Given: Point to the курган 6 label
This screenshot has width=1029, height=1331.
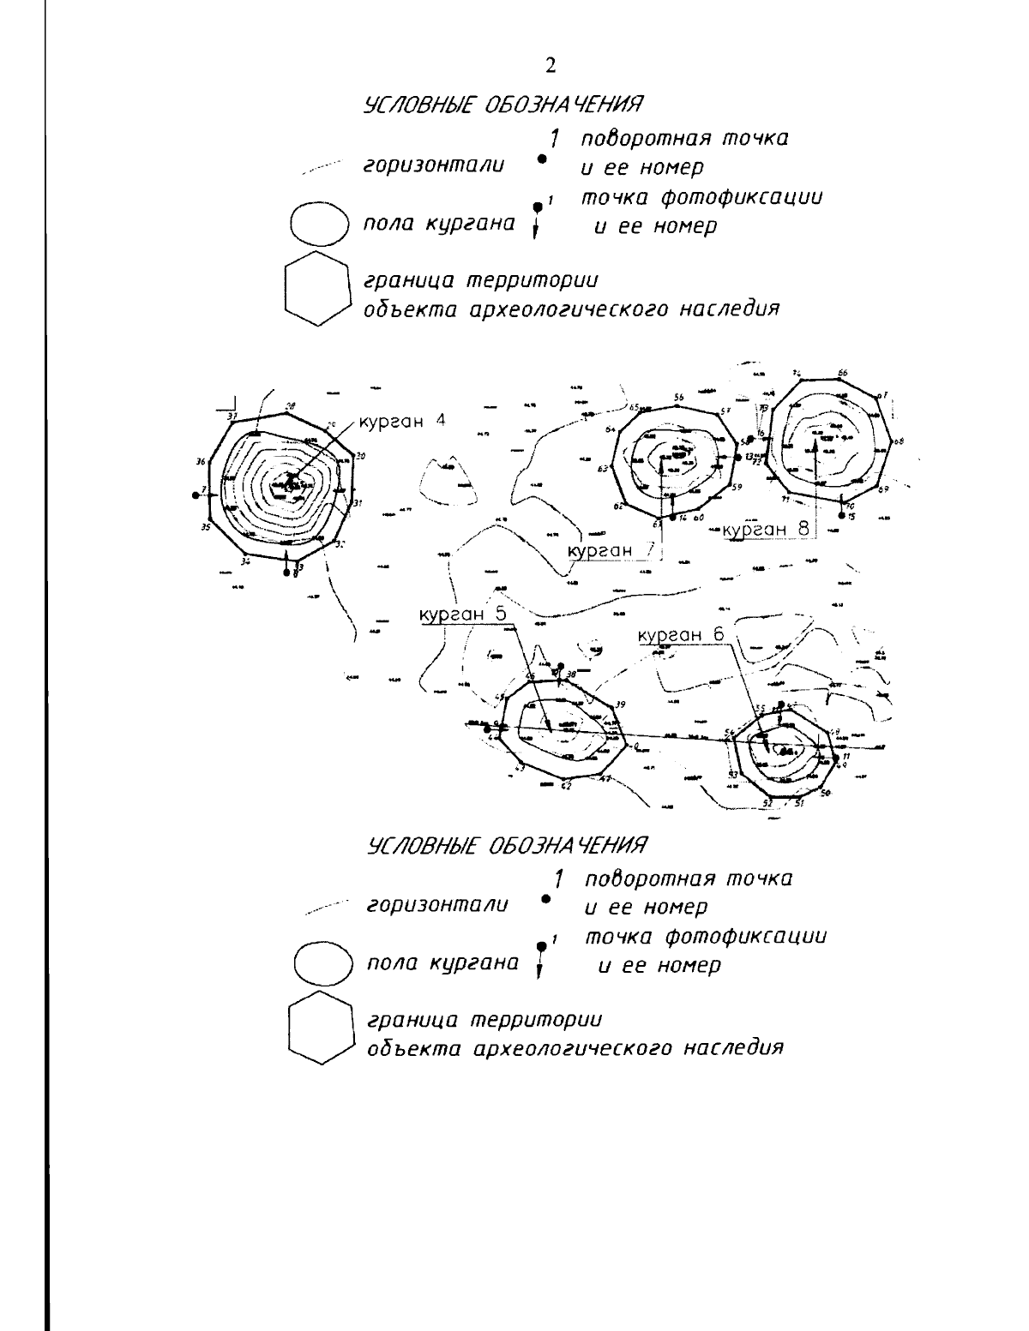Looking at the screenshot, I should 682,635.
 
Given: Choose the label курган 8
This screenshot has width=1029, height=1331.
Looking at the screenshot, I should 766,529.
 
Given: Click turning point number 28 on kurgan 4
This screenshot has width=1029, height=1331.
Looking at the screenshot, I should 291,406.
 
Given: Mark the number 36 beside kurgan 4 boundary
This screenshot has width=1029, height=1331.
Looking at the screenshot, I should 201,461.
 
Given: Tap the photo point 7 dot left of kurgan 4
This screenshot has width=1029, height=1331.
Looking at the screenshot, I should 196,495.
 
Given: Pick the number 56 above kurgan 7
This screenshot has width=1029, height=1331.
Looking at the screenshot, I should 678,397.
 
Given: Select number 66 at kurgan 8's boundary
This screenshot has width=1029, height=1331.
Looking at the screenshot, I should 843,373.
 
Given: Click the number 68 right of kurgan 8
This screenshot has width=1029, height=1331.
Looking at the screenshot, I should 898,442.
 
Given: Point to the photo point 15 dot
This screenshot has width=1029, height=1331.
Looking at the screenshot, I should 842,515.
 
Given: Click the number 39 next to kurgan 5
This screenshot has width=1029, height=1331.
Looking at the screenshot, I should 620,704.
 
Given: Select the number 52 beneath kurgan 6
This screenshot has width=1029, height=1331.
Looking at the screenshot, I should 768,803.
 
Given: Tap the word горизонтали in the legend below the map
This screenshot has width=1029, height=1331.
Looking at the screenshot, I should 436,905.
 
